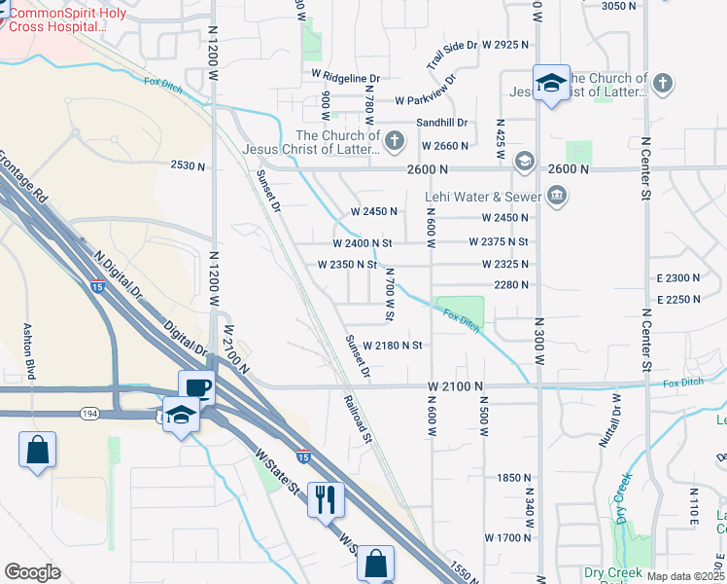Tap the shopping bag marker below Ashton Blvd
37,451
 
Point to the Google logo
32,571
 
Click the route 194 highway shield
90,414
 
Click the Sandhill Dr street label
442,123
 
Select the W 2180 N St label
392,346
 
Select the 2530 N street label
188,166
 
